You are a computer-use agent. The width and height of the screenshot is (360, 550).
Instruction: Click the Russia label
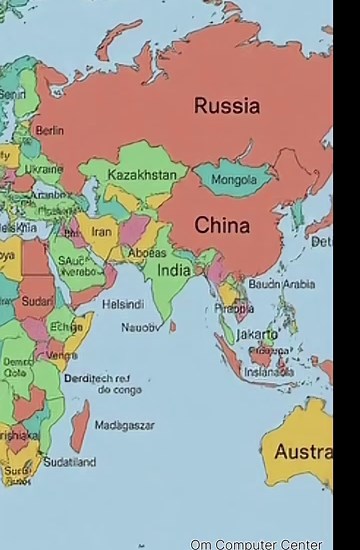(227, 106)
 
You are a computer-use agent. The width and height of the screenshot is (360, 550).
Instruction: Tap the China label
(222, 226)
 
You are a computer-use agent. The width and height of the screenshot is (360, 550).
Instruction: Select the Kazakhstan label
(142, 175)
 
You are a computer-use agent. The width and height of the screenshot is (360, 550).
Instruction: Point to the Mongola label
(234, 180)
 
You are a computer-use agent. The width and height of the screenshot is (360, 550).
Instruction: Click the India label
(174, 270)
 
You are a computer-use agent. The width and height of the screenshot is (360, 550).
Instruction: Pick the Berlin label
(49, 130)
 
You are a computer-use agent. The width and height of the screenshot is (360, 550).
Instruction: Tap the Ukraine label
(43, 170)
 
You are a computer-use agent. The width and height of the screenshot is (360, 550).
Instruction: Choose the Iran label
(102, 231)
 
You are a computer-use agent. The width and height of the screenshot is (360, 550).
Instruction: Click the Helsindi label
(123, 304)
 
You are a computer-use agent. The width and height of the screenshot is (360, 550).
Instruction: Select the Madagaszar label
(124, 425)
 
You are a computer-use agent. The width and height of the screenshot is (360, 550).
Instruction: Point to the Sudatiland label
(69, 462)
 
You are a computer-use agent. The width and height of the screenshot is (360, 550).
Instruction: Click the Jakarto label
(257, 334)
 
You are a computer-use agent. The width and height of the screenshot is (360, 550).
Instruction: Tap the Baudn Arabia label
(281, 284)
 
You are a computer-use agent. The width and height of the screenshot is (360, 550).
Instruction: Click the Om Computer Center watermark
(256, 544)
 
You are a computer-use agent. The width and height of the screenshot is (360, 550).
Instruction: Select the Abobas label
(147, 253)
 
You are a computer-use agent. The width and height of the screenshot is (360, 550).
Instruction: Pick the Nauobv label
(140, 327)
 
